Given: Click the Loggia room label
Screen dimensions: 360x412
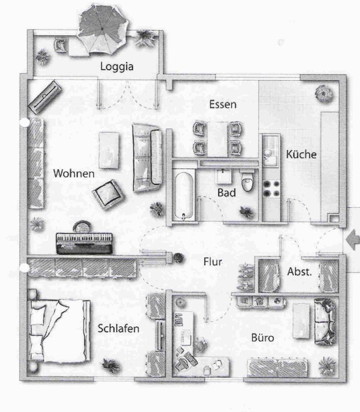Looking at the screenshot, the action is [x=117, y=67].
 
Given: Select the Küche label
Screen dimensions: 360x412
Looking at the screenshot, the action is [x=301, y=154].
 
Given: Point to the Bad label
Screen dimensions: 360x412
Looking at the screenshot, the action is [x=226, y=193].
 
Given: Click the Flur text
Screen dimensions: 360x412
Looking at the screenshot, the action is [x=213, y=261].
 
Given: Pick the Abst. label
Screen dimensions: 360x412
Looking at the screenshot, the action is [x=299, y=272].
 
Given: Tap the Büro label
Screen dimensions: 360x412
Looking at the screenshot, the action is [x=262, y=338].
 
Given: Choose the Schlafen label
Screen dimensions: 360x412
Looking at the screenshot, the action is [x=118, y=329].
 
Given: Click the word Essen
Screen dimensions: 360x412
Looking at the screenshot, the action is [x=223, y=104].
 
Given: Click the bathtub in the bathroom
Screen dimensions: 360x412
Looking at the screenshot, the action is [x=183, y=195].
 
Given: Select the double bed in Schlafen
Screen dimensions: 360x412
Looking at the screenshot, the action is [x=60, y=330].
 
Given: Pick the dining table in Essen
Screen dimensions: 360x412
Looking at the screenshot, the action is [x=217, y=139].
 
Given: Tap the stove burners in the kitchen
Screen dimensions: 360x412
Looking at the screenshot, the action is [x=272, y=188].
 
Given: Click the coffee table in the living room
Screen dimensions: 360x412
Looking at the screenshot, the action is [x=109, y=150].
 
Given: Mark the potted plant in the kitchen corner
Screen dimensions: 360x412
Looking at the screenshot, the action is [x=323, y=93].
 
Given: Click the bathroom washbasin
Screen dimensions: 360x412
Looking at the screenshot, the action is [x=223, y=176].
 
